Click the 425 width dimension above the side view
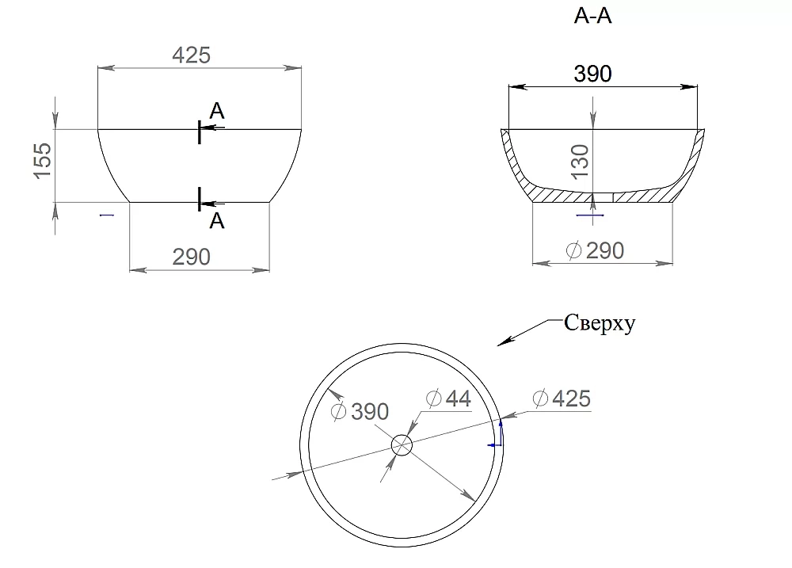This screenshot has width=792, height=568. point(191,55)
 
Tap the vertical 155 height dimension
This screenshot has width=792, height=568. point(43,161)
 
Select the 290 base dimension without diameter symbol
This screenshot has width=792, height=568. point(191,257)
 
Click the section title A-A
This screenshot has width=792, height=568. point(592,16)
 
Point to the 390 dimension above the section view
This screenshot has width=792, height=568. point(592,74)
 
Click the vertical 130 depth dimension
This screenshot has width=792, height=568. point(581,161)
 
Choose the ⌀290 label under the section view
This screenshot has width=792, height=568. point(595,250)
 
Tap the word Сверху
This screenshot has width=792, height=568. point(600,323)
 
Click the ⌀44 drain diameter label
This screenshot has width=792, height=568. point(448,398)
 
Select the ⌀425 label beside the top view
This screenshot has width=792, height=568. point(562,398)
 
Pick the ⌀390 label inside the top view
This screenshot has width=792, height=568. point(360,411)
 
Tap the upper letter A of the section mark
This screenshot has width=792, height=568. point(217,111)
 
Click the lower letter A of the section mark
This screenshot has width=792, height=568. point(217,221)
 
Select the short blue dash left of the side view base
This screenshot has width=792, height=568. point(107,215)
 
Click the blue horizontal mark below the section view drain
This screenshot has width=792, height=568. point(591,215)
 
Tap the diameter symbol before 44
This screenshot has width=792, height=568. point(434,398)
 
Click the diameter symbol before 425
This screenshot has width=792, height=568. point(540,398)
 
